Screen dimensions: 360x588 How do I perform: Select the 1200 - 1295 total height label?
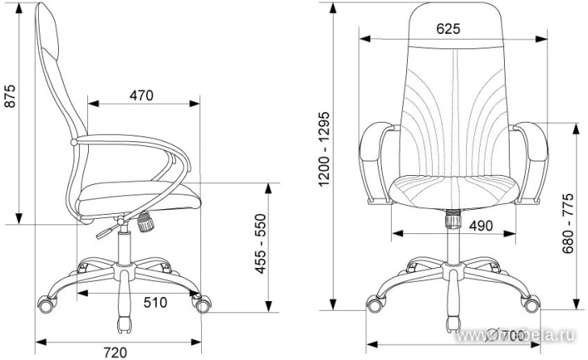pyautogui.click(x=324, y=149)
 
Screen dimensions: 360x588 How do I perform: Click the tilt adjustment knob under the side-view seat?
pyautogui.click(x=146, y=222)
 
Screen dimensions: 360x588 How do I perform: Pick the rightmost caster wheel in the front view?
pyautogui.click(x=531, y=306)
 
